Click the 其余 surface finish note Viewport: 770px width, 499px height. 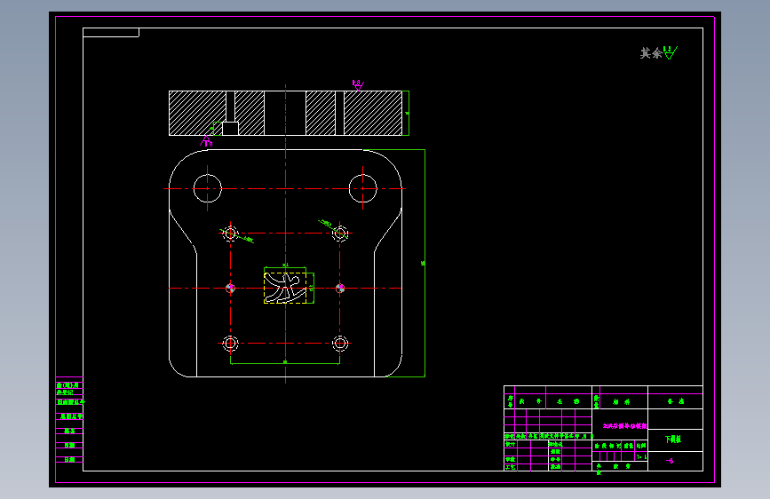(x=657, y=53)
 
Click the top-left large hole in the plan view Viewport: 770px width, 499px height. (x=207, y=187)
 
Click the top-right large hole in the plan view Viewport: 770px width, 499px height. (x=363, y=187)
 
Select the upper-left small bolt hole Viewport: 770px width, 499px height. (x=231, y=234)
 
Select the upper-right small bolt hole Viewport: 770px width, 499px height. (x=339, y=234)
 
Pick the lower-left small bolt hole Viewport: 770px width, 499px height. (x=231, y=343)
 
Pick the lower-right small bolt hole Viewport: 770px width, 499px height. (x=339, y=343)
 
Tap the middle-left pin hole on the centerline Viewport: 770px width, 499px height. (x=231, y=288)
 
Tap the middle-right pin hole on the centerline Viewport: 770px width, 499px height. (x=339, y=288)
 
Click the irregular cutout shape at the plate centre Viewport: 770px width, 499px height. (x=285, y=287)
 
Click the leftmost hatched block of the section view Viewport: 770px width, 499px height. (x=197, y=113)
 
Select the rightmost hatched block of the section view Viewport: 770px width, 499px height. (x=373, y=113)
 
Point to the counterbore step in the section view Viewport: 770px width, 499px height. (x=230, y=128)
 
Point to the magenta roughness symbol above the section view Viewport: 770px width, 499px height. (x=358, y=84)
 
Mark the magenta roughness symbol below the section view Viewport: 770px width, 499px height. (x=208, y=142)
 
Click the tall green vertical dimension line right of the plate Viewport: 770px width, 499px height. (x=425, y=263)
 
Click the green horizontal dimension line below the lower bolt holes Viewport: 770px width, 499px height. (x=285, y=363)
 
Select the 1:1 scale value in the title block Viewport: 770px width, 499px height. (x=641, y=455)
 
